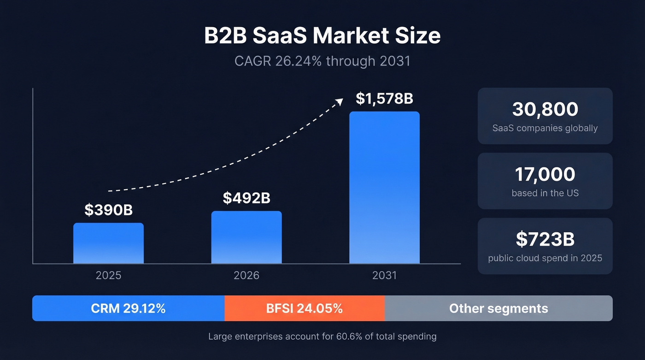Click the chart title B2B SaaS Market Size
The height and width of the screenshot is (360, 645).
click(322, 36)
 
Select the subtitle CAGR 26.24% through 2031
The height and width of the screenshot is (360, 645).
click(322, 61)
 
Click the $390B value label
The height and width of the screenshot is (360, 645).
click(108, 210)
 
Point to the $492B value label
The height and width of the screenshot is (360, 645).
click(246, 198)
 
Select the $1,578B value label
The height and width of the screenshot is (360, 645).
click(384, 98)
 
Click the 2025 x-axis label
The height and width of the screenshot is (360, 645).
click(108, 276)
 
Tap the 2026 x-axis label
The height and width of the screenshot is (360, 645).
click(246, 276)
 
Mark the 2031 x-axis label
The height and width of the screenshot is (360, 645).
click(384, 276)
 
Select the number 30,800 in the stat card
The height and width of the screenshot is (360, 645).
click(545, 109)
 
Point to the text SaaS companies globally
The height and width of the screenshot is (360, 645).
click(545, 128)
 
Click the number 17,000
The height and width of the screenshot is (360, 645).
click(545, 174)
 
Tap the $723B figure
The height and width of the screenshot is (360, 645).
click(545, 239)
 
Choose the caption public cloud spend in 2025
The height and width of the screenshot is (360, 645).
click(545, 258)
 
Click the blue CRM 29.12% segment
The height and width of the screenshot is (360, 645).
click(128, 308)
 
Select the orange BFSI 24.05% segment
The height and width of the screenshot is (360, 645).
click(305, 308)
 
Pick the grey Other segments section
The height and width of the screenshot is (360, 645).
click(498, 308)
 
